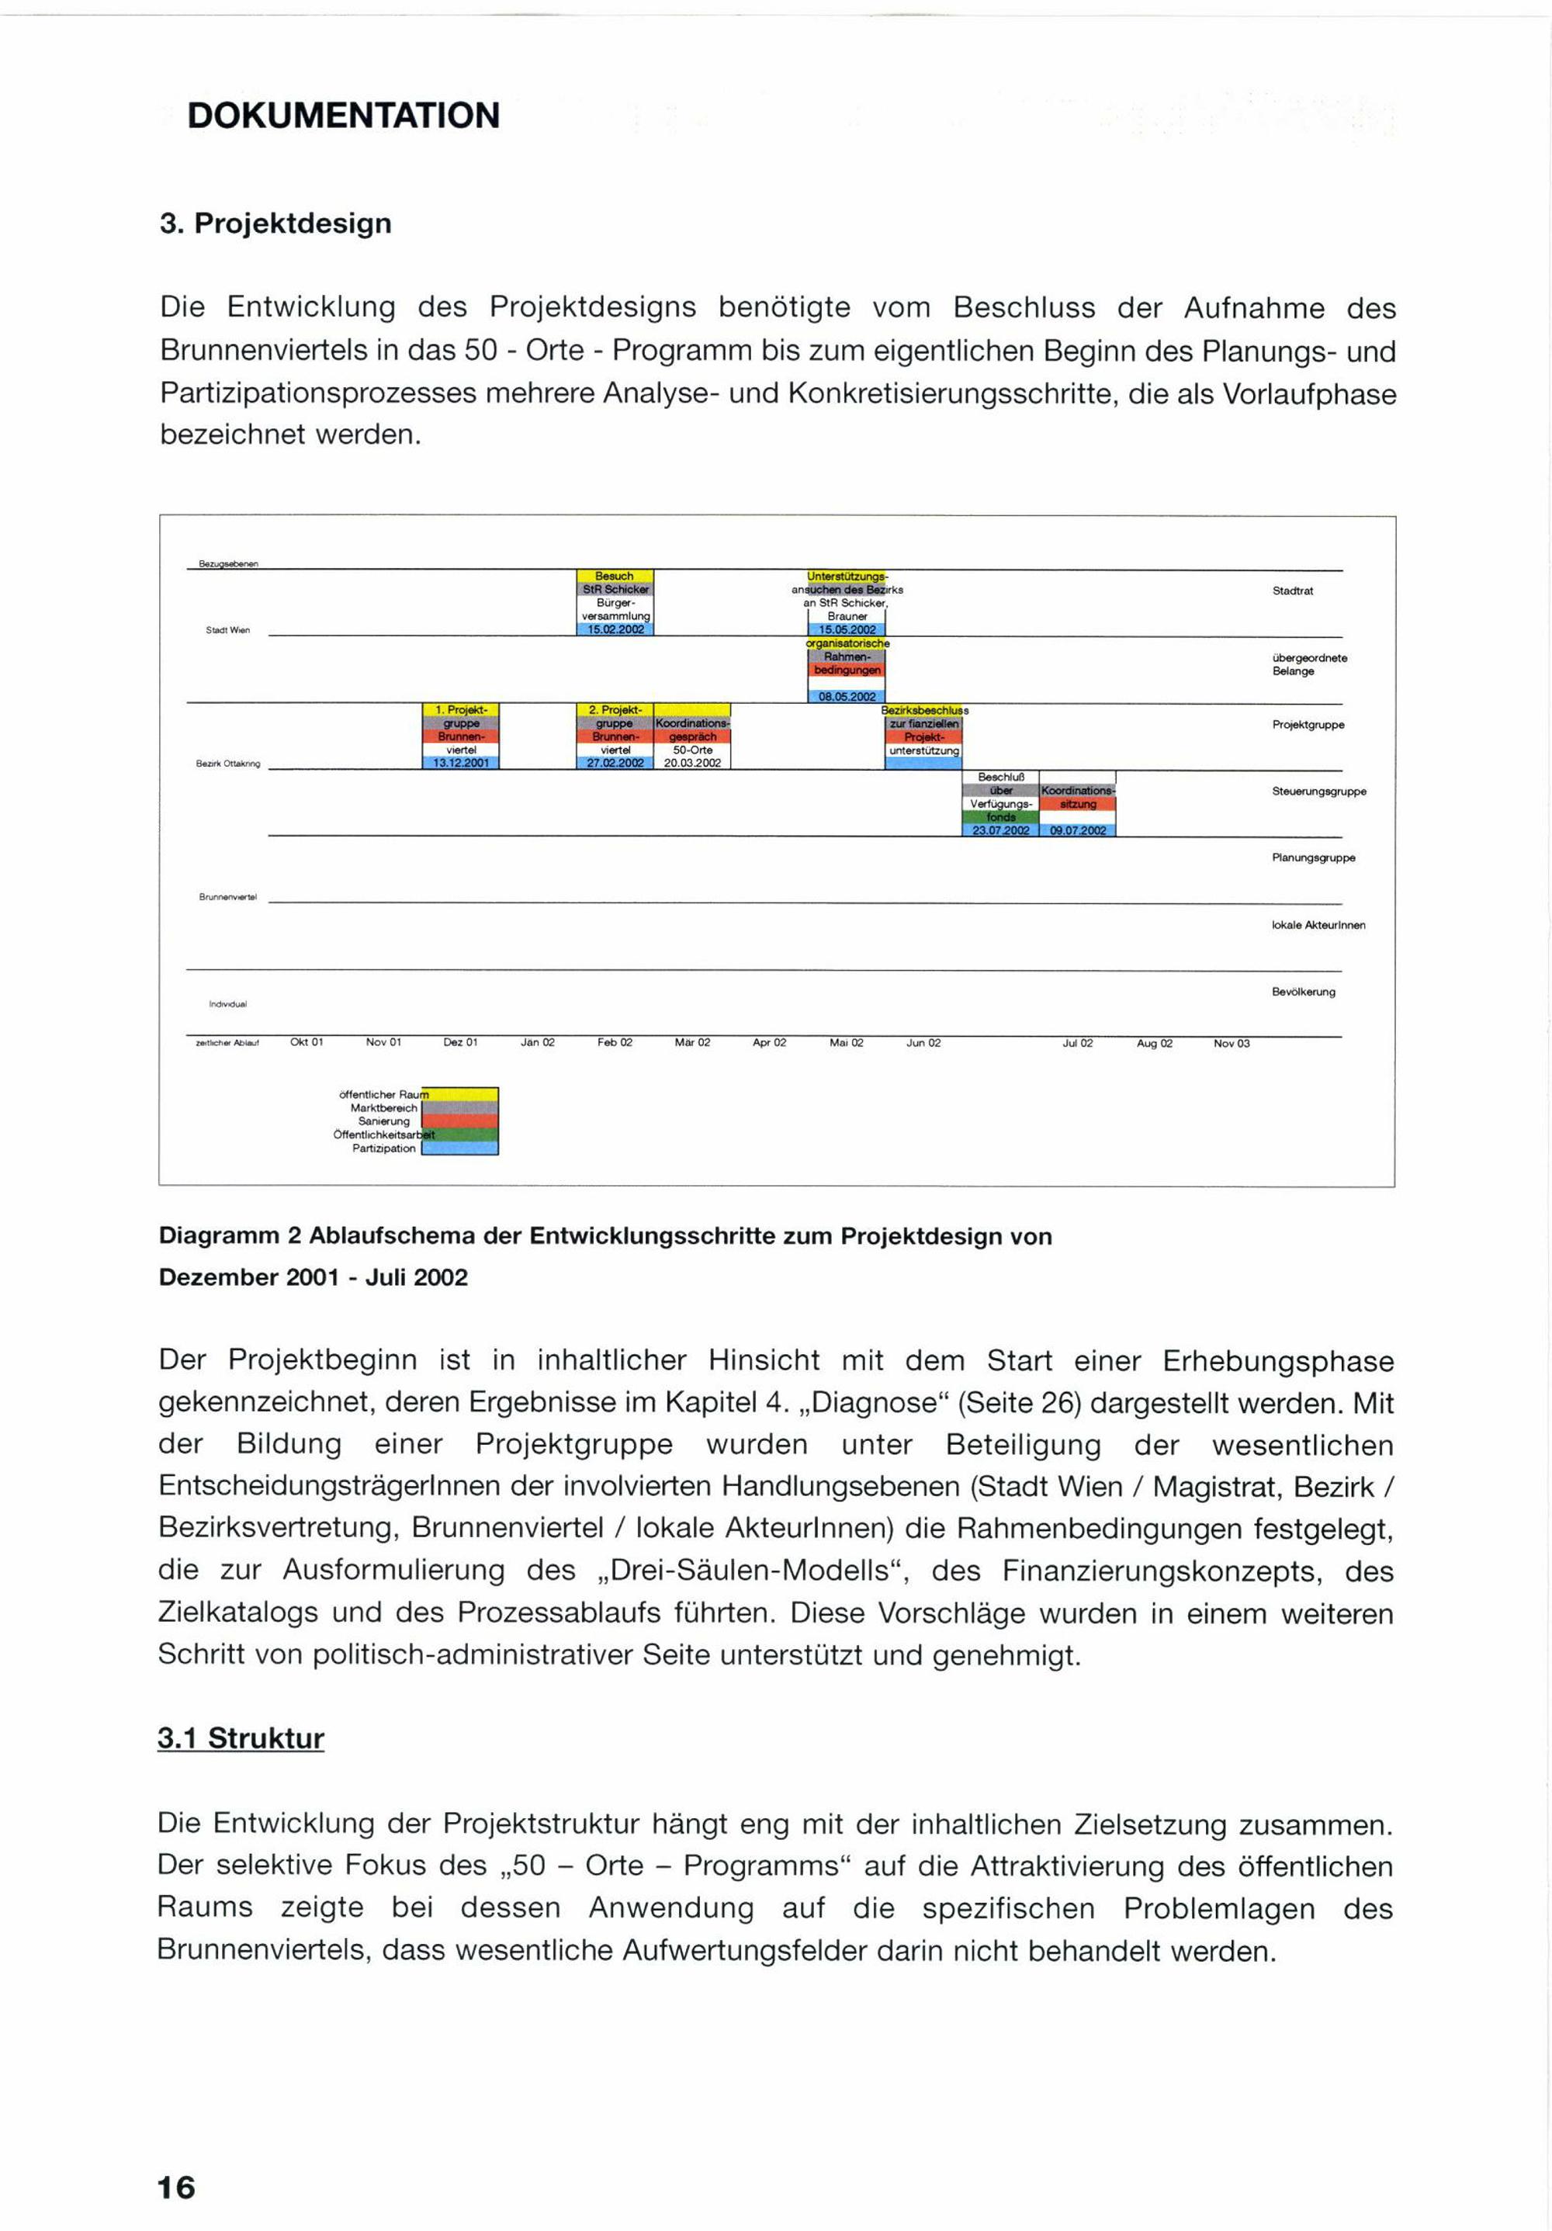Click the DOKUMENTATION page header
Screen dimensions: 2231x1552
click(343, 115)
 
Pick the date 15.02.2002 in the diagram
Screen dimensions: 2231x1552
click(615, 629)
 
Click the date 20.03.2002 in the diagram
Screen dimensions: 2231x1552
click(692, 763)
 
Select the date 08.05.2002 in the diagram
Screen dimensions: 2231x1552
click(847, 697)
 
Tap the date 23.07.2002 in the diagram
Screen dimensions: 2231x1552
click(1000, 831)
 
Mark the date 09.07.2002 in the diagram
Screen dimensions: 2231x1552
click(1078, 831)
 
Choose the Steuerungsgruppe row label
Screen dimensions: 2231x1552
click(1318, 792)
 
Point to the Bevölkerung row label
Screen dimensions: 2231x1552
click(1303, 992)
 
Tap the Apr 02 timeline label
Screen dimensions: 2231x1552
click(769, 1043)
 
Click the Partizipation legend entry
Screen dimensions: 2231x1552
click(384, 1148)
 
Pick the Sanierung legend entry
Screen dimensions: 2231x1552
click(384, 1121)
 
